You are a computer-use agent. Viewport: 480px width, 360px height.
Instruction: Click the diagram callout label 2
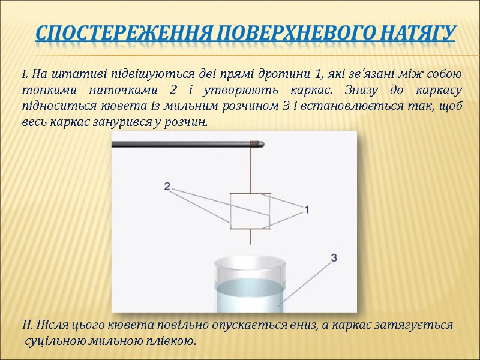coord(167,187)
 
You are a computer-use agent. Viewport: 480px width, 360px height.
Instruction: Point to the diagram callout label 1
coord(306,209)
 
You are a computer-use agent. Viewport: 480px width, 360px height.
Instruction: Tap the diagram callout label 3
coord(334,257)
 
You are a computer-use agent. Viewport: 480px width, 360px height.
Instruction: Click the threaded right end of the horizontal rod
coord(257,143)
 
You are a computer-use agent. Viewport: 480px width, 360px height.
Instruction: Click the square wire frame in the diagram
coord(250,211)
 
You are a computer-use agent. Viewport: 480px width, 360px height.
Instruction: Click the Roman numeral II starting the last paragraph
coord(26,326)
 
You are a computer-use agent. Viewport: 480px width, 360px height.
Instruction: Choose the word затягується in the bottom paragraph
coord(412,326)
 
